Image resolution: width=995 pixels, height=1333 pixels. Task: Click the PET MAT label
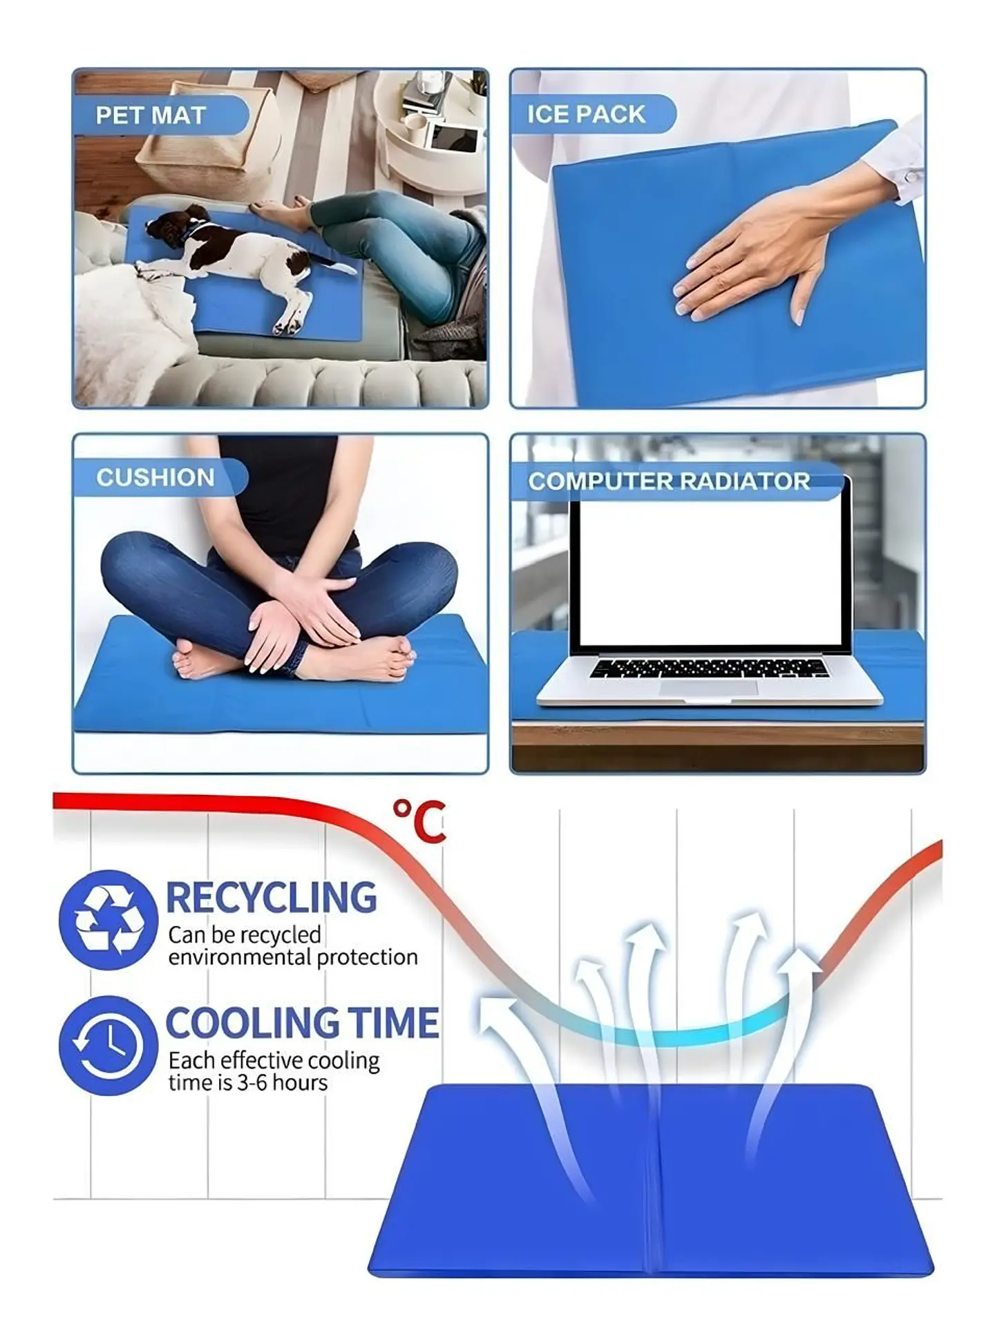[x=151, y=115]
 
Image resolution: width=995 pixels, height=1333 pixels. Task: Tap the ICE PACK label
[x=586, y=114]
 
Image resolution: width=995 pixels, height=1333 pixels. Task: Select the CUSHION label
[x=155, y=477]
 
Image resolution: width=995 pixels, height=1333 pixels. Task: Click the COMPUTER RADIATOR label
[x=669, y=481]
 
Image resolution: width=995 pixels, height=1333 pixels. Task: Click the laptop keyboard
[x=709, y=668]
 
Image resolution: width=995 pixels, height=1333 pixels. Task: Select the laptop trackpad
[x=708, y=687]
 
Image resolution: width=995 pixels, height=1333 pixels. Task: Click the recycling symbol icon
[x=108, y=919]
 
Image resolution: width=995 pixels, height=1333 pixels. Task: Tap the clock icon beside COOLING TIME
[x=108, y=1044]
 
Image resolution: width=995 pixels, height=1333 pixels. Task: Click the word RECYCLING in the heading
[x=272, y=897]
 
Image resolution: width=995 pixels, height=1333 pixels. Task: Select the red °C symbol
[x=419, y=821]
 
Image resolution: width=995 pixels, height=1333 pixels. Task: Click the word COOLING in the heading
[x=252, y=1023]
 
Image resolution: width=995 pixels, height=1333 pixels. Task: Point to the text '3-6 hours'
[x=282, y=1082]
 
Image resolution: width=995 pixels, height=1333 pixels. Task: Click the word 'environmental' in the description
[x=240, y=957]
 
